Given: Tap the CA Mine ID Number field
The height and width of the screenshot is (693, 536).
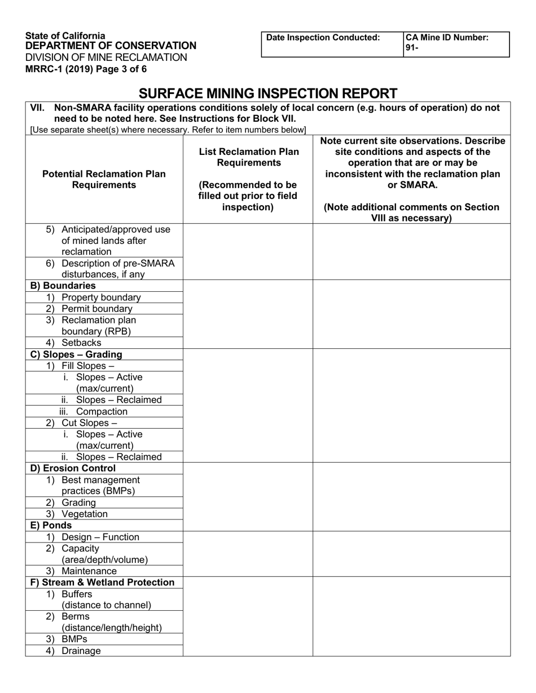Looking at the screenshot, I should (456, 43).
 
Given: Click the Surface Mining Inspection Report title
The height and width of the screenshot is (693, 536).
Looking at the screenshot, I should (268, 93).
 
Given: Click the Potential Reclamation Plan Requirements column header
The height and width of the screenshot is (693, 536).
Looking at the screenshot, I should (104, 179).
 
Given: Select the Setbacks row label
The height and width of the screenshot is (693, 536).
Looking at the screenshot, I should (81, 343).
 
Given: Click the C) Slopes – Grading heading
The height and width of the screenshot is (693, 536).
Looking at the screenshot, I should (76, 354).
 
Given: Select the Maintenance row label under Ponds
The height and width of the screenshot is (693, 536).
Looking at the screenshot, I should (89, 571).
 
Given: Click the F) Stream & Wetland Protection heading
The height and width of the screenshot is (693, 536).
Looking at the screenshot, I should (102, 583).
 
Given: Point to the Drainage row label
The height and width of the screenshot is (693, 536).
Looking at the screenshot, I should (81, 651).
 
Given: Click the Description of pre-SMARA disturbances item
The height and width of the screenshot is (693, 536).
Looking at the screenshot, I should (117, 269).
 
